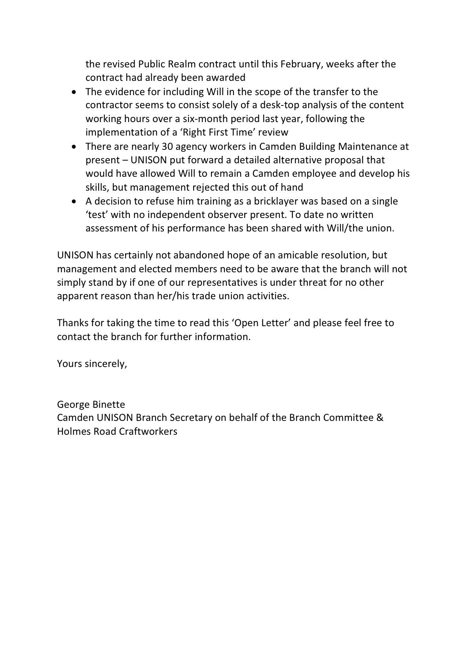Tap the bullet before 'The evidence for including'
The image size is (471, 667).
pos(74,92)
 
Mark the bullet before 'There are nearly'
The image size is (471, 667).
pos(74,147)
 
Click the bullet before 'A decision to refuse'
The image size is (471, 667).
pos(74,201)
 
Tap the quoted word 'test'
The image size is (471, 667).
pos(97,215)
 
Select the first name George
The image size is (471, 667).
pos(72,405)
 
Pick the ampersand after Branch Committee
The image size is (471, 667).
pos(380,418)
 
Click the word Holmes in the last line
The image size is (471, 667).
pos(74,431)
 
